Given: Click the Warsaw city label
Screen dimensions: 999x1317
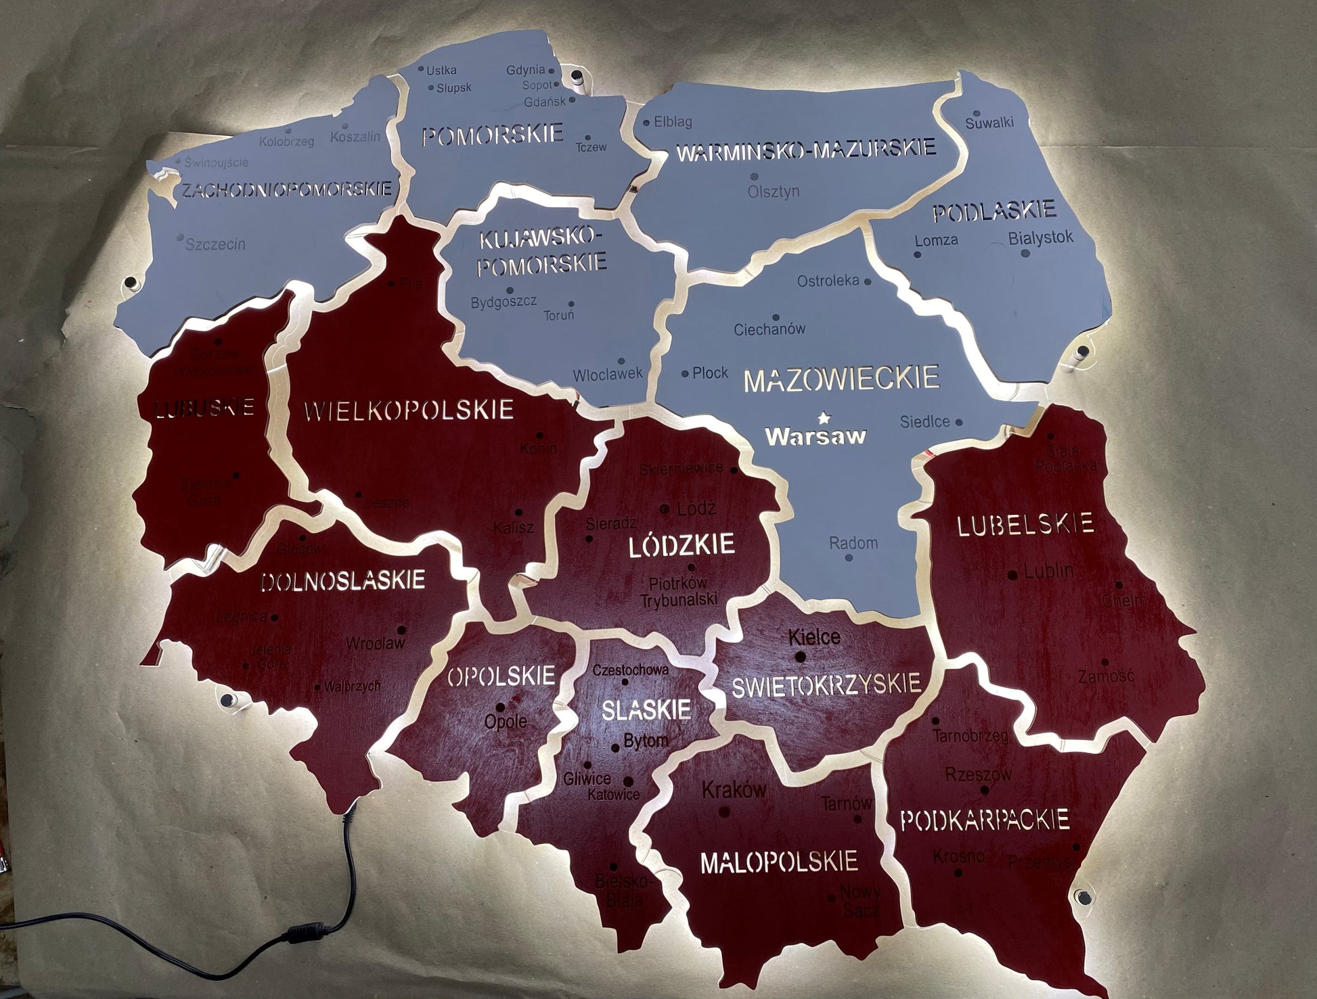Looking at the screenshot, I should click(x=816, y=436).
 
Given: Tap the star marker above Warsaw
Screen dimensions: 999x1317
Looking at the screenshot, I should click(x=823, y=417).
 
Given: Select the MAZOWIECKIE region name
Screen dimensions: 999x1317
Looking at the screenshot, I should click(x=841, y=378).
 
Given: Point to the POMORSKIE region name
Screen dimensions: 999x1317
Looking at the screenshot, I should click(x=493, y=135).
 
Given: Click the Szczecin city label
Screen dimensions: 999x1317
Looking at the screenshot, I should click(x=215, y=244).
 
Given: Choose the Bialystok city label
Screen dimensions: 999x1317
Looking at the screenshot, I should click(x=1041, y=238).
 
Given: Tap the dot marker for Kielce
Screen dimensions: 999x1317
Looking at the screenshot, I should click(x=801, y=657).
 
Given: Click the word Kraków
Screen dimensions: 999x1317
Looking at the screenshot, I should click(x=734, y=789).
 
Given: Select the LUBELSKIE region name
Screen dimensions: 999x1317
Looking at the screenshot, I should click(x=1025, y=524).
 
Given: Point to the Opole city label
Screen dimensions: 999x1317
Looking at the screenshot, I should click(x=506, y=722).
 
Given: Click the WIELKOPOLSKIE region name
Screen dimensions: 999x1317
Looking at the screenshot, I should click(x=409, y=410).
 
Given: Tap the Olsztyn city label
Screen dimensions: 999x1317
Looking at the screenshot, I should click(x=774, y=191).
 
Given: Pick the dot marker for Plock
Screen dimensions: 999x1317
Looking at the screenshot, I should click(x=685, y=373).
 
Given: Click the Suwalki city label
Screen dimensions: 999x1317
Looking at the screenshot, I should click(x=989, y=123).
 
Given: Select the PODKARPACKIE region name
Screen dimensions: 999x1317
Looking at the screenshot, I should click(x=985, y=820).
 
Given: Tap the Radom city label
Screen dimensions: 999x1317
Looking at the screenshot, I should click(x=853, y=542).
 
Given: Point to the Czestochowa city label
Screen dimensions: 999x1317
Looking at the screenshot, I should click(x=630, y=670).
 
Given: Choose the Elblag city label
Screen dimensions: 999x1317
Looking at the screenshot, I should click(x=673, y=122).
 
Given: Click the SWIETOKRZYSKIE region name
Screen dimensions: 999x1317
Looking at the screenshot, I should click(x=826, y=684).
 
